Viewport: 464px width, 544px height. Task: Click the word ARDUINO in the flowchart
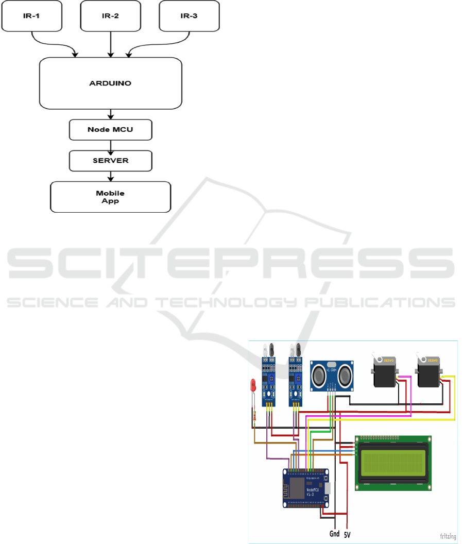click(x=111, y=82)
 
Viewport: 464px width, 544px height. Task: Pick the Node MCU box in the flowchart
click(x=111, y=130)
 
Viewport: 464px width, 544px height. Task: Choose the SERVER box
click(x=111, y=161)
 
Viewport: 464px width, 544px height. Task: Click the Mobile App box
click(x=110, y=196)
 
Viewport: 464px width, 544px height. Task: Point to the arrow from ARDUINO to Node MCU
click(x=111, y=114)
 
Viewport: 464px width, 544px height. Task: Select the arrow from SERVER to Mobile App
click(x=111, y=176)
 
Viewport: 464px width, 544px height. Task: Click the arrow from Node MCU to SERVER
click(x=111, y=145)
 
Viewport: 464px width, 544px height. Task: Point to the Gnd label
click(x=335, y=534)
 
